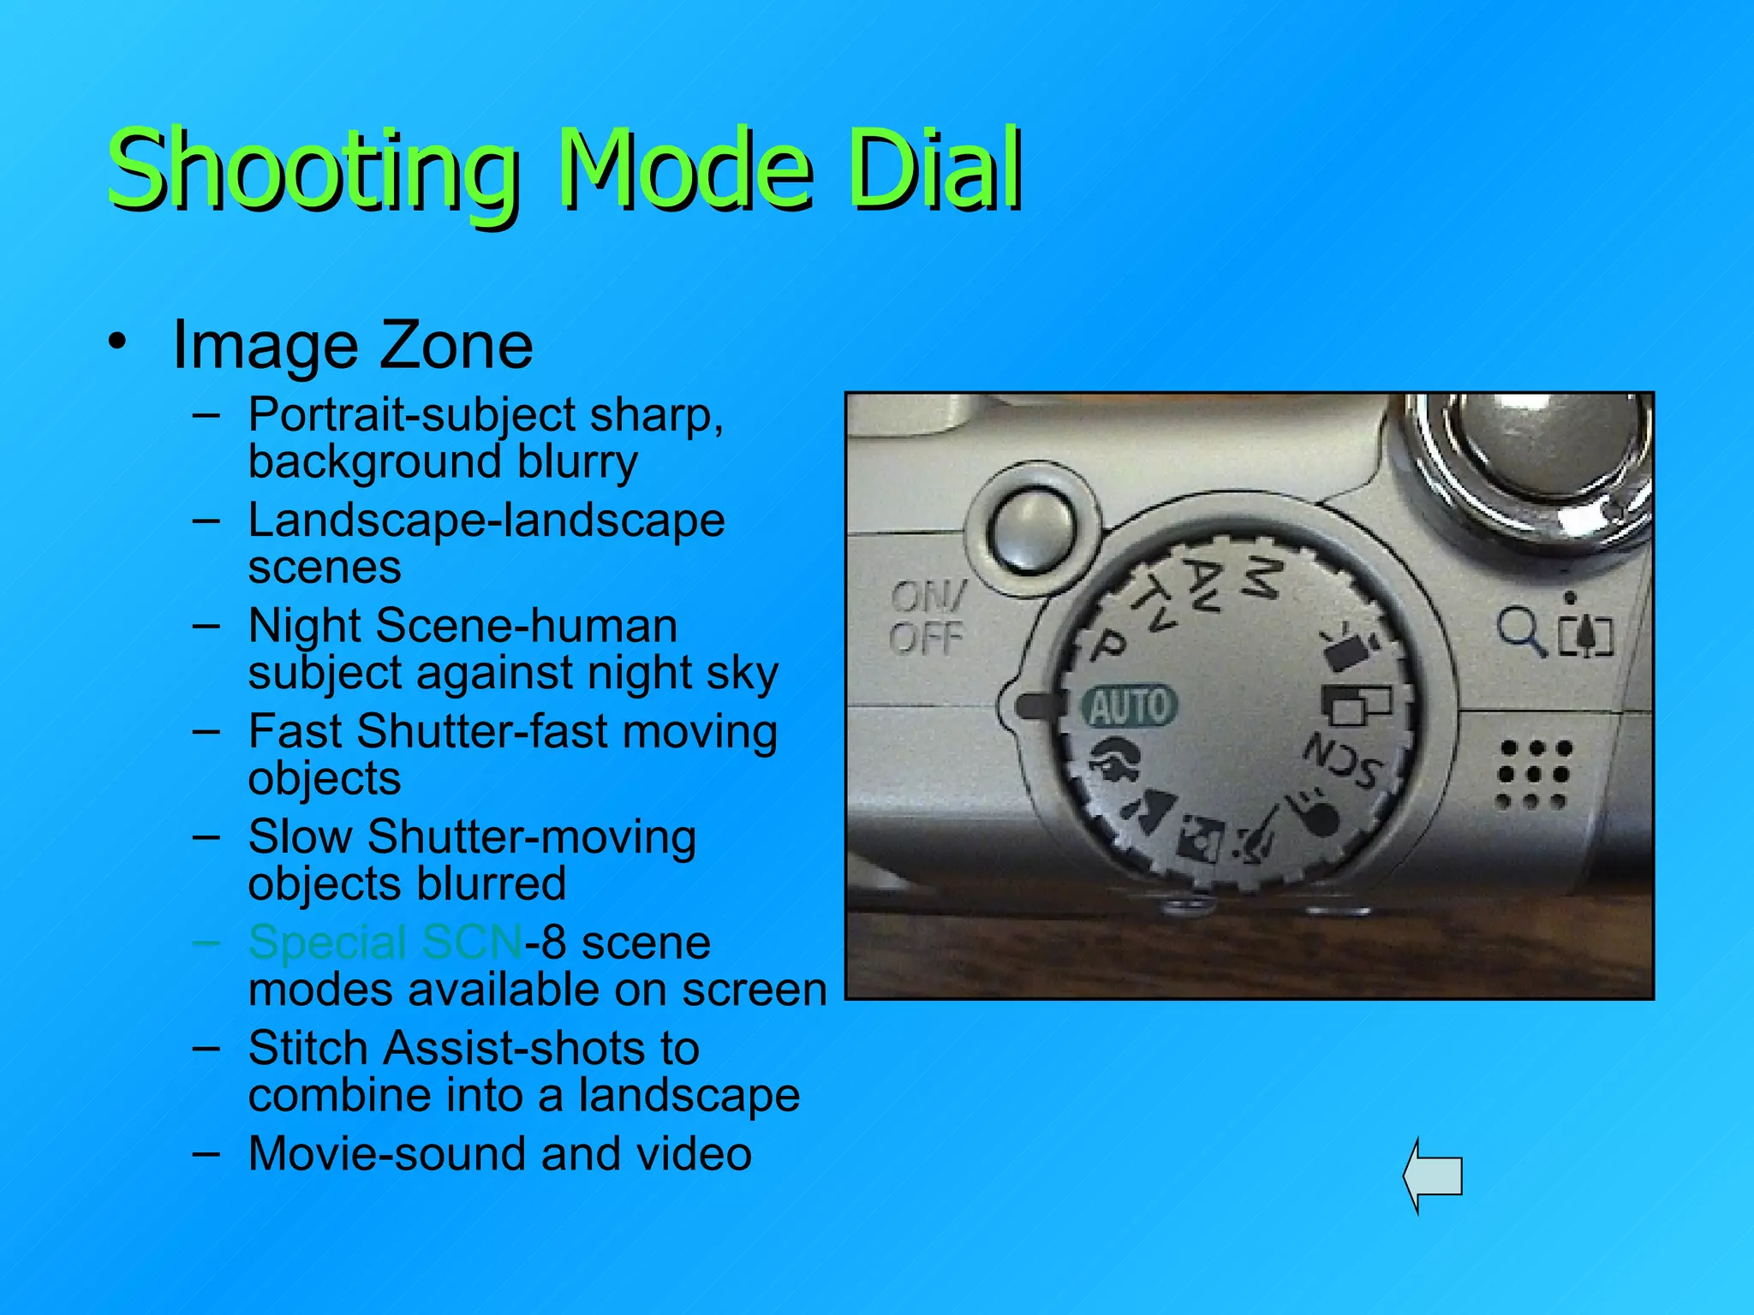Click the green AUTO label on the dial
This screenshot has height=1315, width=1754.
[1130, 706]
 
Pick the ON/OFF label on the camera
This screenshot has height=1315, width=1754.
[927, 617]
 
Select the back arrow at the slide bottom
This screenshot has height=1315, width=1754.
[1433, 1175]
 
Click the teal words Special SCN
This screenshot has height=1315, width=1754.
[385, 943]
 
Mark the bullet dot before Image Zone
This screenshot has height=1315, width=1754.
[117, 342]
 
